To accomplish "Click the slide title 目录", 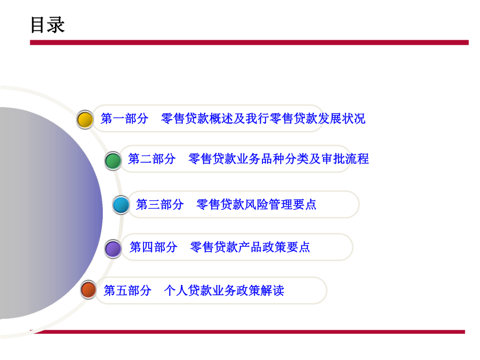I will (x=47, y=25).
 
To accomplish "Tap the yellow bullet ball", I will (x=85, y=119).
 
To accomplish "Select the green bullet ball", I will (x=113, y=160).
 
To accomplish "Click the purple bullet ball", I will (x=113, y=248).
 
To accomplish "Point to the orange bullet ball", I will (x=89, y=290).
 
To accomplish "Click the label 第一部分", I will (x=124, y=119).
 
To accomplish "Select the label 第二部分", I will (x=152, y=159).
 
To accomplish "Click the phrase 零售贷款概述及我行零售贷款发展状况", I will (x=263, y=119).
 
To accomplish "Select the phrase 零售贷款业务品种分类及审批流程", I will (x=279, y=159).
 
